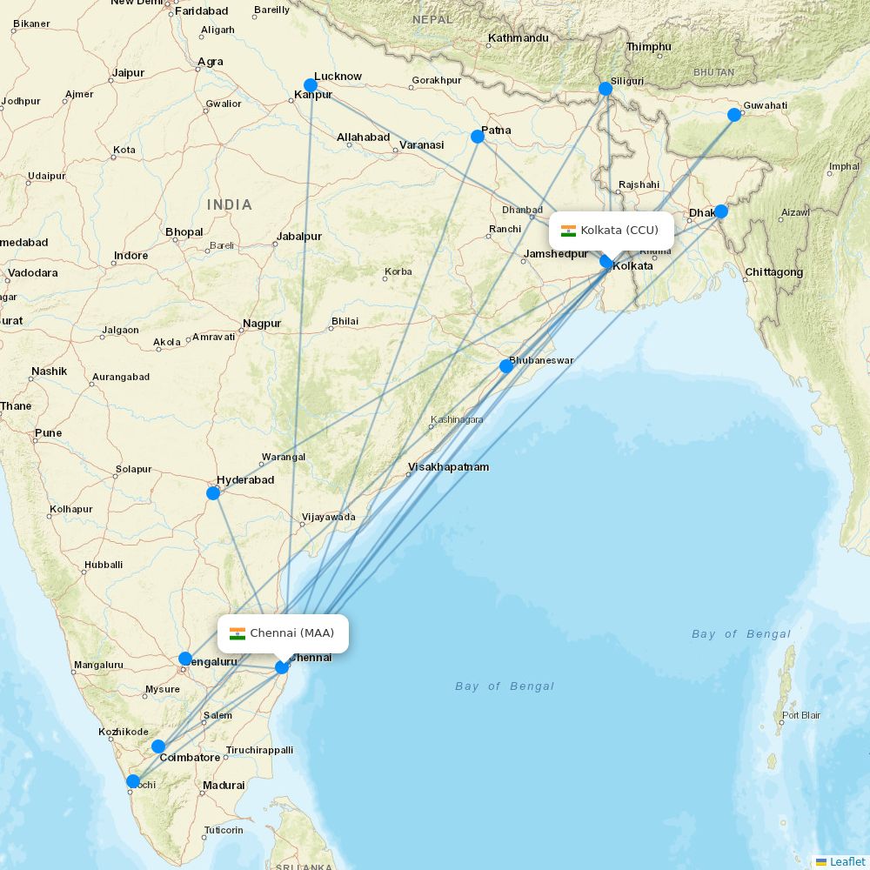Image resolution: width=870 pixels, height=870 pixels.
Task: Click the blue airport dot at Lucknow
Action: pyautogui.click(x=311, y=85)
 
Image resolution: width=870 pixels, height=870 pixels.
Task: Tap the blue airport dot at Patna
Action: pyautogui.click(x=478, y=137)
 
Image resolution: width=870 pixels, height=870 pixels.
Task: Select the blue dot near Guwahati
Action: pyautogui.click(x=734, y=115)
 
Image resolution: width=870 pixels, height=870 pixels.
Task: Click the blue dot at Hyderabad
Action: pyautogui.click(x=213, y=493)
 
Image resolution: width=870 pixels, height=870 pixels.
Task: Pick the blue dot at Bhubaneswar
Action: pyautogui.click(x=506, y=366)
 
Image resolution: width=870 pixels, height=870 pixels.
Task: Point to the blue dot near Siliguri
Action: pyautogui.click(x=606, y=89)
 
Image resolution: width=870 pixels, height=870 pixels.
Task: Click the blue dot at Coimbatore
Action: pyautogui.click(x=158, y=746)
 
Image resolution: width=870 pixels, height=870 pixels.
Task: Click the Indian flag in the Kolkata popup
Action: pyautogui.click(x=569, y=231)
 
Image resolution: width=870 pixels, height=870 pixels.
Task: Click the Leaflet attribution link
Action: pyautogui.click(x=847, y=861)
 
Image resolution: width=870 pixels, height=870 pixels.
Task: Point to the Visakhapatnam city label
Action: pyautogui.click(x=449, y=467)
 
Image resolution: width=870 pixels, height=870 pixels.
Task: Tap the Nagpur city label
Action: pyautogui.click(x=262, y=324)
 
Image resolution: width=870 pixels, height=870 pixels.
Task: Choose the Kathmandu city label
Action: pyautogui.click(x=518, y=38)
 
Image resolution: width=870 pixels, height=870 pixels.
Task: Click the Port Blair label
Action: pyautogui.click(x=801, y=716)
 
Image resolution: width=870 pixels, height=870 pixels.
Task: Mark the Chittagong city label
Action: pyautogui.click(x=773, y=273)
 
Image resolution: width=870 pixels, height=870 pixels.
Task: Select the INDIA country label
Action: pyautogui.click(x=230, y=205)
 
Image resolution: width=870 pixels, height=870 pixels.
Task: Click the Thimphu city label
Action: pyautogui.click(x=649, y=47)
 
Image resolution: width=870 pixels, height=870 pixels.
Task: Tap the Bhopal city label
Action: pyautogui.click(x=184, y=232)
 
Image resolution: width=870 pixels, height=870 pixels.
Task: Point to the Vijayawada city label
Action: pyautogui.click(x=328, y=518)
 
